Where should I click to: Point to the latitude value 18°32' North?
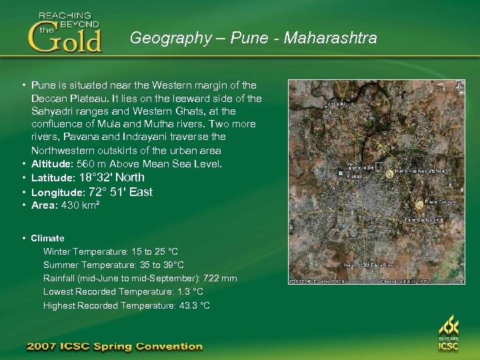111,177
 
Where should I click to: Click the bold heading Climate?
48,238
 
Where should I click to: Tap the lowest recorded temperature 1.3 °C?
190,292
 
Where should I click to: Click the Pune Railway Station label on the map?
419,171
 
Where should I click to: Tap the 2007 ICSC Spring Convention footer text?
114,347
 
